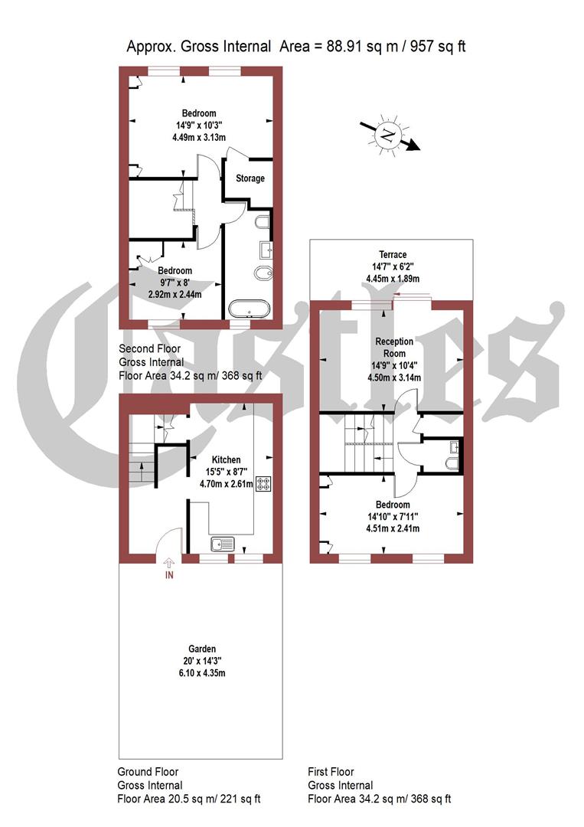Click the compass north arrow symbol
390,136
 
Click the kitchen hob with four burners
264,484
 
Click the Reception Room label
393,347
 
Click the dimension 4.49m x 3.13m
198,138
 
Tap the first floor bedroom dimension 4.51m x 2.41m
393,528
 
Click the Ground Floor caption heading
148,772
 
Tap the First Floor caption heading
331,772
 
